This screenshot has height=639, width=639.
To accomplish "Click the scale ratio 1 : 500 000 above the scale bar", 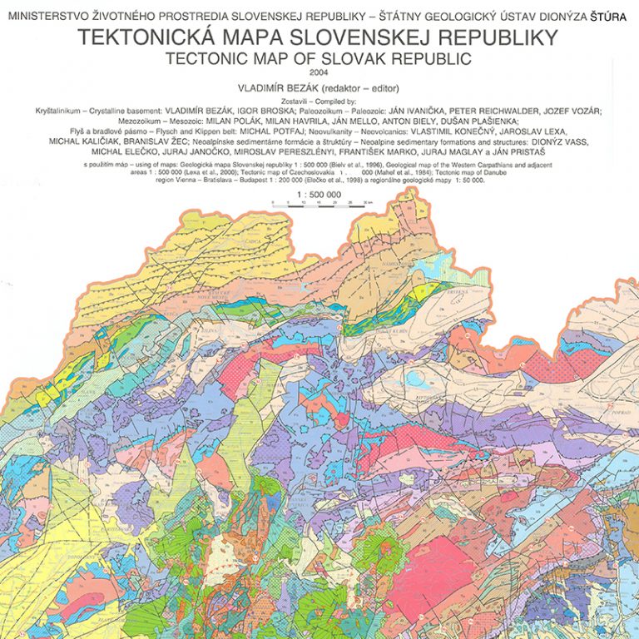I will [x=319, y=194].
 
